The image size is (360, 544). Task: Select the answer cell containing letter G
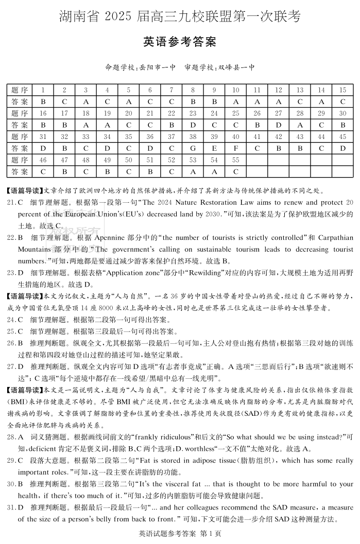pyautogui.click(x=193, y=148)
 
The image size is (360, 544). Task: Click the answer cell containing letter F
pyautogui.click(x=235, y=148)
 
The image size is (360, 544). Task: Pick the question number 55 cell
pyautogui.click(x=235, y=160)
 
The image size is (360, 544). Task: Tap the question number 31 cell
pyautogui.click(x=43, y=136)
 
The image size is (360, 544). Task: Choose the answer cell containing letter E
pyautogui.click(x=214, y=148)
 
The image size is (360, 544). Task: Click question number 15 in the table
pyautogui.click(x=342, y=90)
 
